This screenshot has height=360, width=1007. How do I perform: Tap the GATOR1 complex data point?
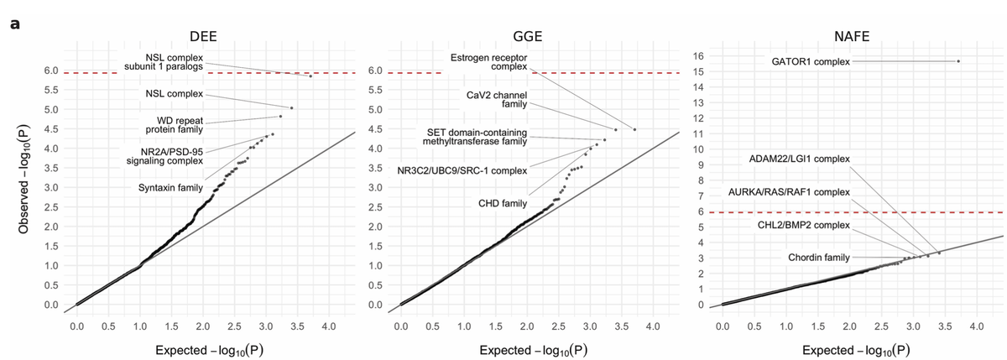click(x=958, y=61)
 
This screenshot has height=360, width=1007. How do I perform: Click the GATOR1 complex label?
click(x=811, y=61)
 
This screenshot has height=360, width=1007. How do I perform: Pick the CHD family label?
click(x=503, y=203)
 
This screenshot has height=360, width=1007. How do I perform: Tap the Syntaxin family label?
click(x=170, y=187)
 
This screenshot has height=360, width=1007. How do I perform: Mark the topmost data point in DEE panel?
click(x=310, y=76)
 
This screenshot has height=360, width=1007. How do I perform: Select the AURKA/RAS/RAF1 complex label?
click(x=790, y=192)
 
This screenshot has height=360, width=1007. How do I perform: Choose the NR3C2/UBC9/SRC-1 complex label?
click(x=462, y=170)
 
